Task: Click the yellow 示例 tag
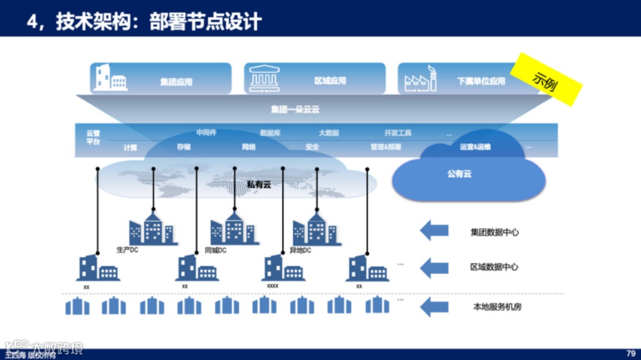coord(546,80)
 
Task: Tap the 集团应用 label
coord(176,82)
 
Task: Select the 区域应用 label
coord(330,81)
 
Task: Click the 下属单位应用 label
coord(481,81)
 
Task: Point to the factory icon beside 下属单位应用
coord(420,79)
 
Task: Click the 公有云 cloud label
coord(459,174)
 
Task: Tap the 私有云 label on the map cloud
coord(259,184)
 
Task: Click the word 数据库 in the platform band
coord(270,133)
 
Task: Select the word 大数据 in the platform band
coord(328,133)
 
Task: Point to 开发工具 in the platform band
coord(397,133)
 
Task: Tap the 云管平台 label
coord(93,138)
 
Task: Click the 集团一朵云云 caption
coord(295,109)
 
